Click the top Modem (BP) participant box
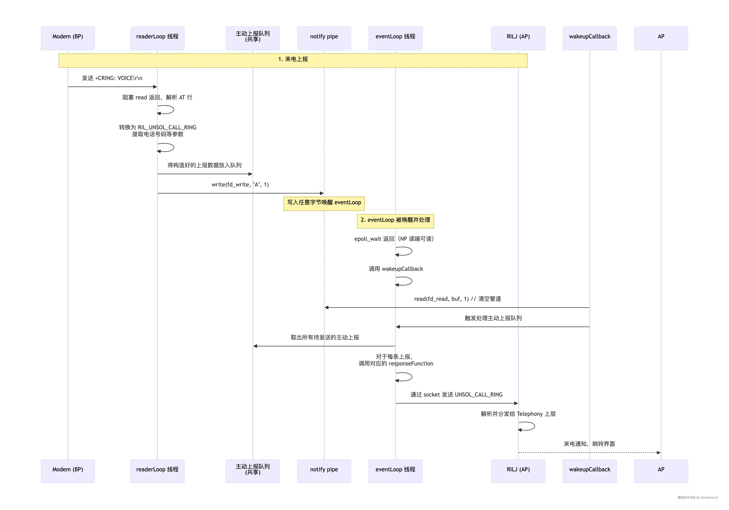pyautogui.click(x=68, y=38)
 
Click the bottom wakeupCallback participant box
pyautogui.click(x=590, y=471)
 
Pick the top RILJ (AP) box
pyautogui.click(x=518, y=38)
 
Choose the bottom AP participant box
pyautogui.click(x=661, y=471)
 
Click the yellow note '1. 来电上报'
pyautogui.click(x=293, y=60)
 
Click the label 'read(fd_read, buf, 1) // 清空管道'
pyautogui.click(x=458, y=299)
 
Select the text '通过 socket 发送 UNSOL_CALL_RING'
pyautogui.click(x=457, y=394)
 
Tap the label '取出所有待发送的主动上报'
pyautogui.click(x=325, y=337)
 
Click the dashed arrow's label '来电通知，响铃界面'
pyautogui.click(x=589, y=444)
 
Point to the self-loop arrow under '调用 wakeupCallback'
pyautogui.click(x=412, y=281)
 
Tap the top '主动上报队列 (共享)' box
pyautogui.click(x=253, y=38)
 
